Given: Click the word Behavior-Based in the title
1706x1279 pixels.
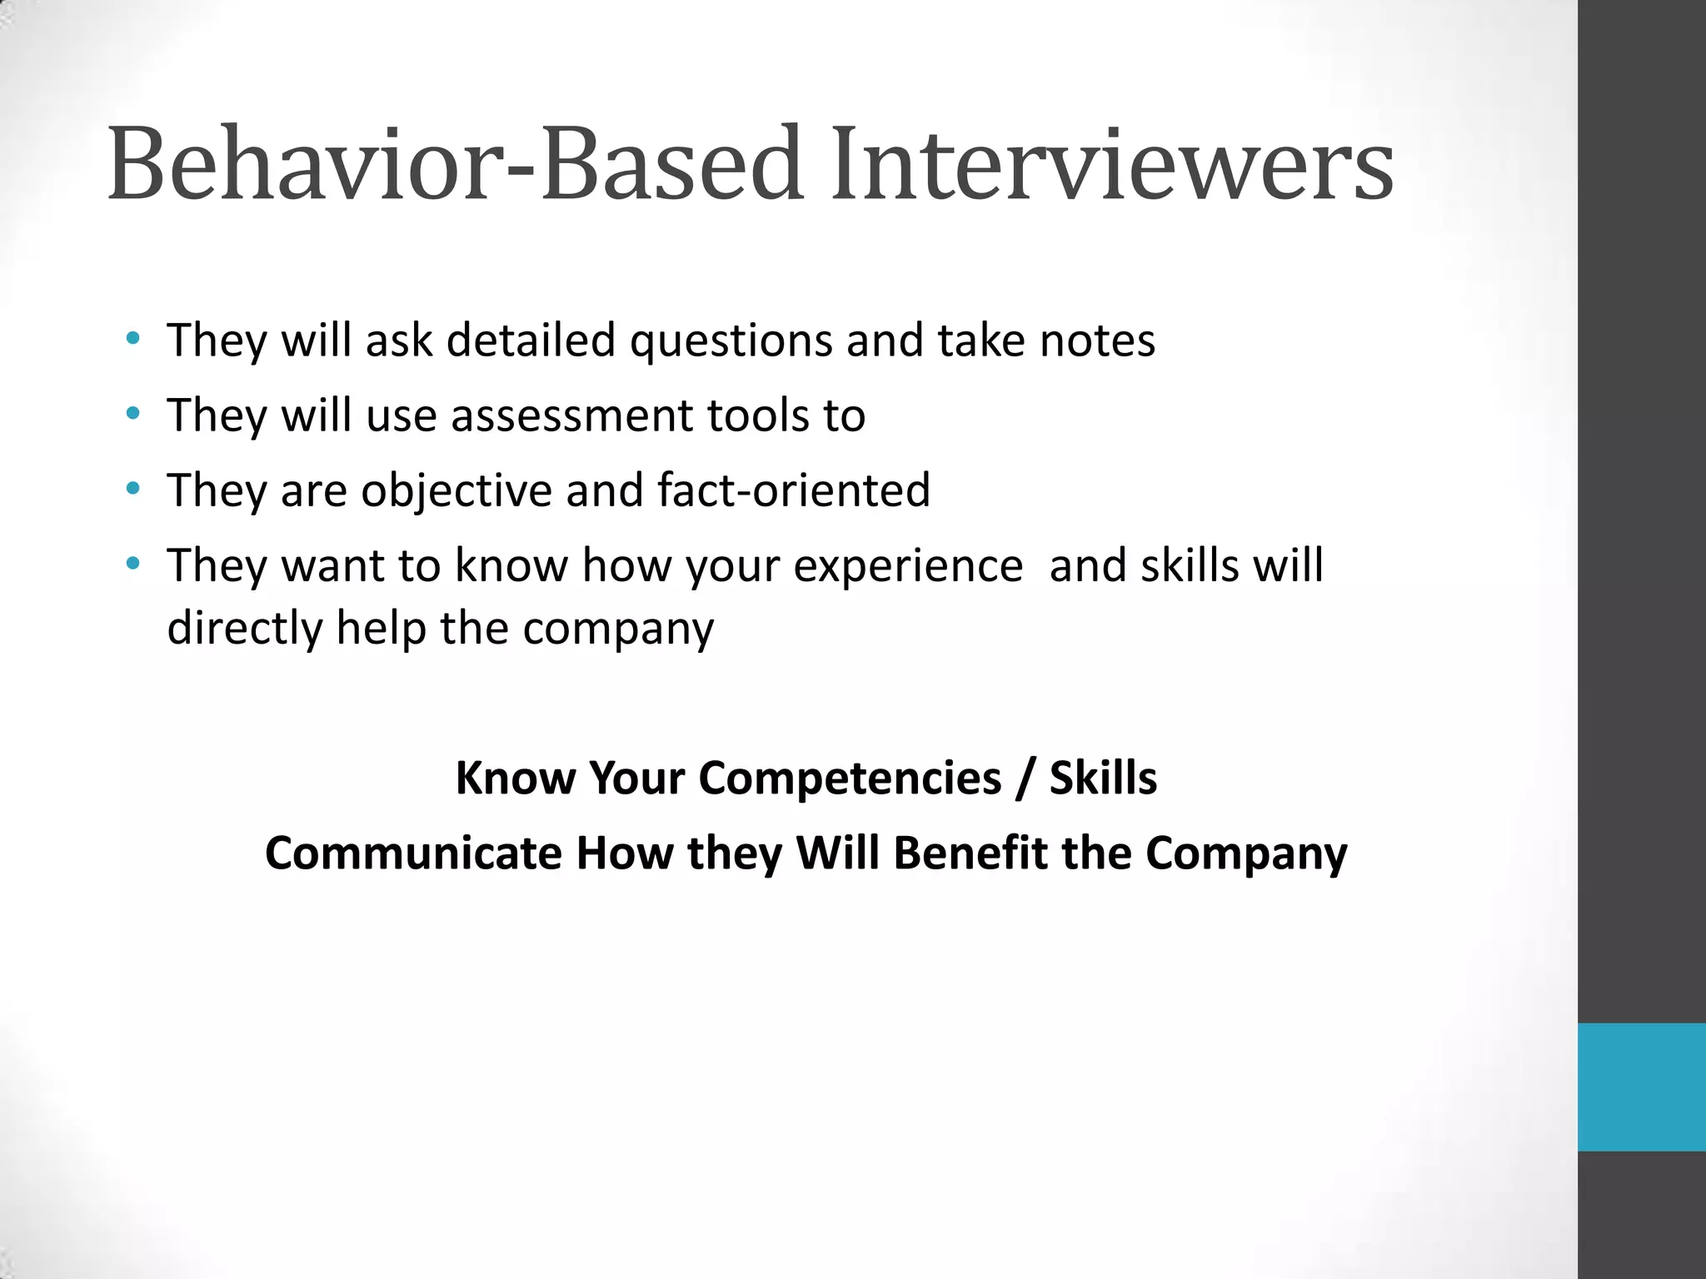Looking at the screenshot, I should tap(455, 164).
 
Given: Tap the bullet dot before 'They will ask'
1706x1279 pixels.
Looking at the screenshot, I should tap(133, 338).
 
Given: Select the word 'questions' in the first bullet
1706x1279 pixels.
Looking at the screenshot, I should tap(731, 341).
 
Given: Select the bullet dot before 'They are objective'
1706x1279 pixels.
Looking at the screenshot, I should tap(133, 489).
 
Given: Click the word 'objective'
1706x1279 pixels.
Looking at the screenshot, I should tap(456, 491).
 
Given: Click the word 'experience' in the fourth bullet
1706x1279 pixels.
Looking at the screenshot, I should tap(907, 567).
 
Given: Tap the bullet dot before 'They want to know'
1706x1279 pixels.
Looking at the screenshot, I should tap(133, 564).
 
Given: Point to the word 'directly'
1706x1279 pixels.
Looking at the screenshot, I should tap(244, 629).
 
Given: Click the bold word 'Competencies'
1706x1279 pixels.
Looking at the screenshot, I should tap(850, 779).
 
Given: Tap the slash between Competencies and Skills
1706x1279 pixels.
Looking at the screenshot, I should tap(1025, 779).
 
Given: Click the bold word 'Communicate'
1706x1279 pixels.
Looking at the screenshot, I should tap(413, 854).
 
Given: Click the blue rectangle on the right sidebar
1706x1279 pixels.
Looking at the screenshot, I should tap(1641, 1087).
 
